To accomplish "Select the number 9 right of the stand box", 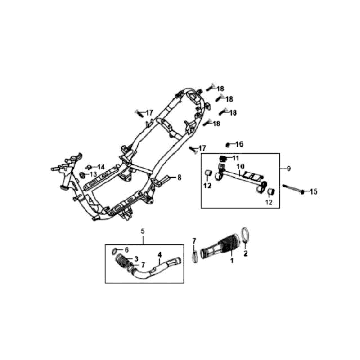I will click(288, 166).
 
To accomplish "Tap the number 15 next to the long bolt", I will click(312, 191).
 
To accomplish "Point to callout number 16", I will click(239, 145).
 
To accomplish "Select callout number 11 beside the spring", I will click(236, 158).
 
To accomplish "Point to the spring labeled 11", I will click(225, 159).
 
